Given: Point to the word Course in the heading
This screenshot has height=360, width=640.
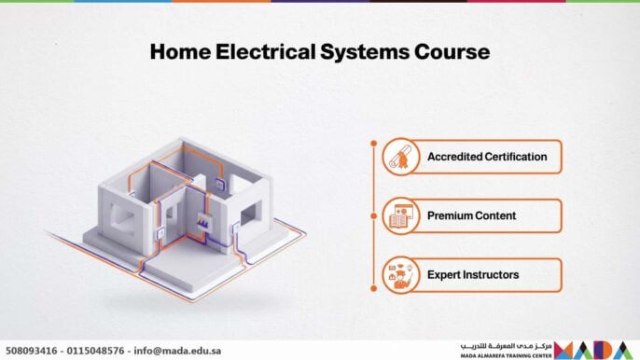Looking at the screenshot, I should tap(453, 51).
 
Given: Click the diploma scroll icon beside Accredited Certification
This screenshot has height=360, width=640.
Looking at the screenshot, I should tap(399, 157).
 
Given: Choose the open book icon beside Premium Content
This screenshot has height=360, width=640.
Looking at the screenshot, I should tap(399, 216).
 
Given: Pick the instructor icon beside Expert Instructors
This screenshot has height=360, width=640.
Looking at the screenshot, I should tap(399, 275).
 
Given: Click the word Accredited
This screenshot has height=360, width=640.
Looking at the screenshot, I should tap(454, 157).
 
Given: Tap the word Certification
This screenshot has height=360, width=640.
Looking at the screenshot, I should tap(516, 157).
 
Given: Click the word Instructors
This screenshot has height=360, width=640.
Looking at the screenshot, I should tap(492, 275).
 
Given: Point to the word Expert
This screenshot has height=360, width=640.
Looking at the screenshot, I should tap(444, 275).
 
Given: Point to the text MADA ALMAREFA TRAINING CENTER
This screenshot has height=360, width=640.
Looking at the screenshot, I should tap(507, 355).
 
